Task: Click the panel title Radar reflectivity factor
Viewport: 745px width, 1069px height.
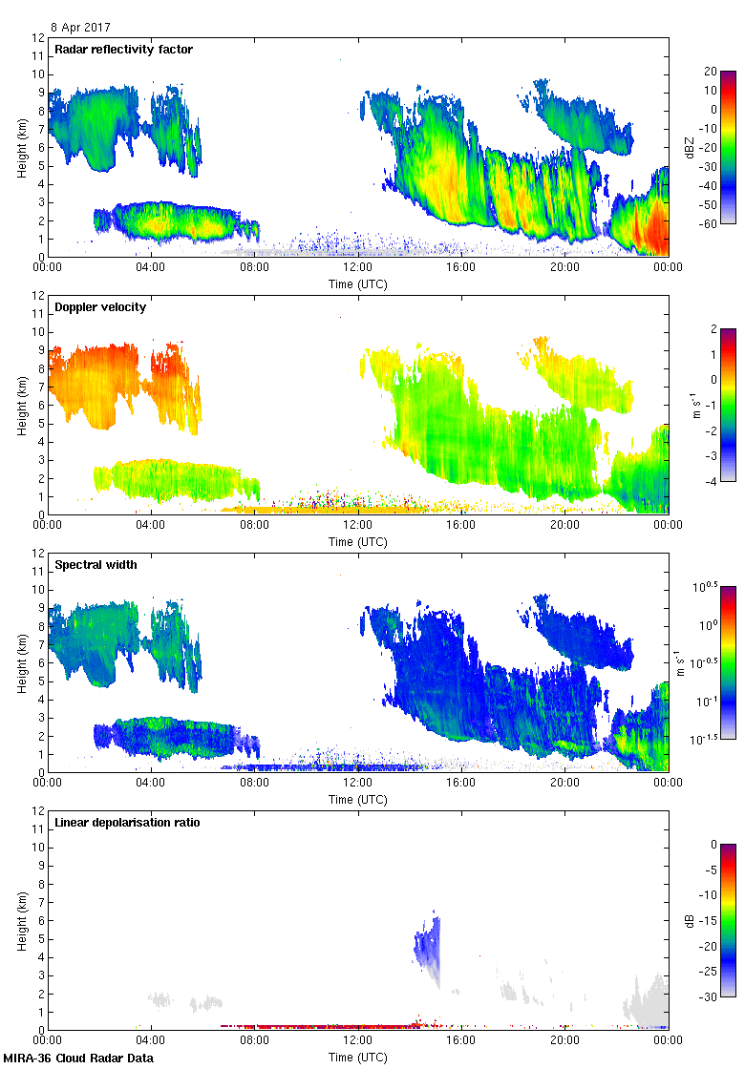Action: click(x=124, y=49)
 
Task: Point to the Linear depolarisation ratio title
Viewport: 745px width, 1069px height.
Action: click(x=127, y=822)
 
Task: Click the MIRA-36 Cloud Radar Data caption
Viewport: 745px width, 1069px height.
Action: click(x=77, y=1058)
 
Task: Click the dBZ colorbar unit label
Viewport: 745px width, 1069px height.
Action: click(x=690, y=147)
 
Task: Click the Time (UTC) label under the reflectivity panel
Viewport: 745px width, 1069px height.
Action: click(x=358, y=283)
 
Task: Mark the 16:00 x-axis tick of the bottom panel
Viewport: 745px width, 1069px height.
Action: click(x=461, y=1041)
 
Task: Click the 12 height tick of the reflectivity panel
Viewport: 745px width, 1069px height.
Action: click(x=38, y=38)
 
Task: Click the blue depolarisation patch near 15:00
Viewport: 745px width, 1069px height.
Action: click(x=428, y=945)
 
